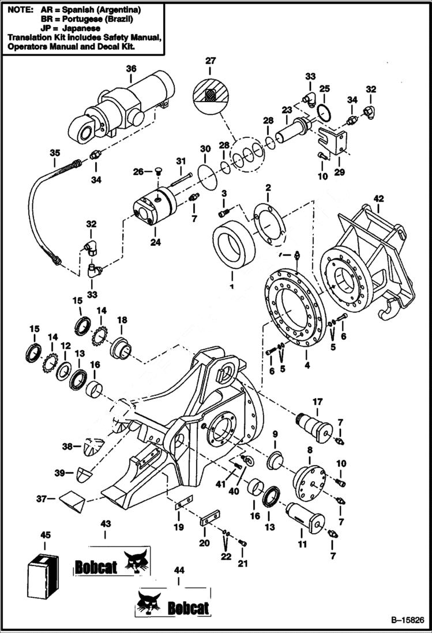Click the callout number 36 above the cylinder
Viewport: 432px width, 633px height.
click(131, 69)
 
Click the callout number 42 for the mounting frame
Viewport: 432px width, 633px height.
click(378, 198)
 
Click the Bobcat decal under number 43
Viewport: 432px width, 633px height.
click(111, 564)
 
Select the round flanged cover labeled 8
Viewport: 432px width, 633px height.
click(309, 480)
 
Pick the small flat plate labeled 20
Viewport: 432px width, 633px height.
click(210, 518)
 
